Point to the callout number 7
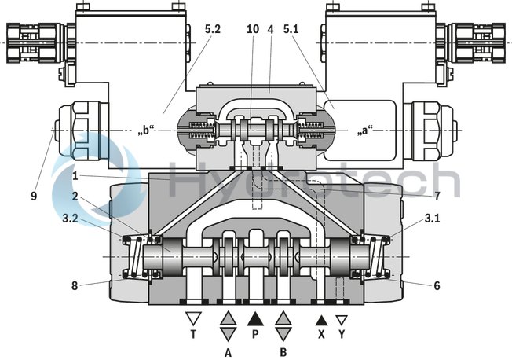(x=437, y=195)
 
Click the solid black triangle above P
(x=255, y=320)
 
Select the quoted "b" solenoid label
(x=147, y=131)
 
